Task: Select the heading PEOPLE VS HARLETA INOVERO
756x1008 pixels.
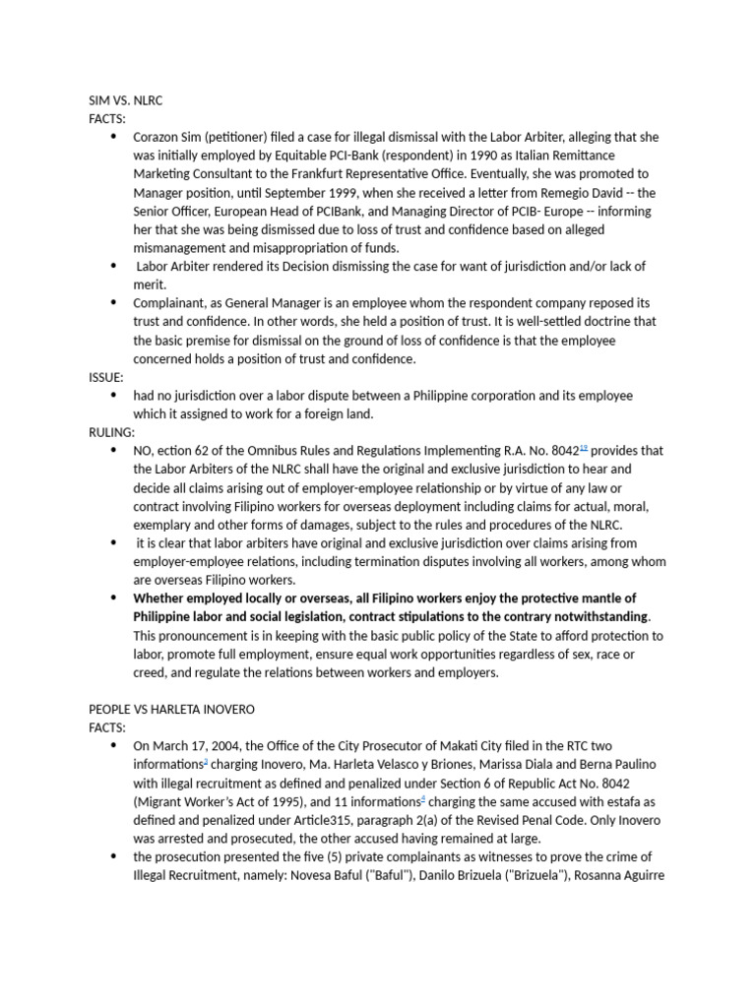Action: point(172,709)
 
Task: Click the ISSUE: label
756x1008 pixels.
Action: point(106,377)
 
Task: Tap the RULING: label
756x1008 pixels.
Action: point(111,432)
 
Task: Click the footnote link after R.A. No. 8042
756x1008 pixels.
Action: point(584,448)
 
